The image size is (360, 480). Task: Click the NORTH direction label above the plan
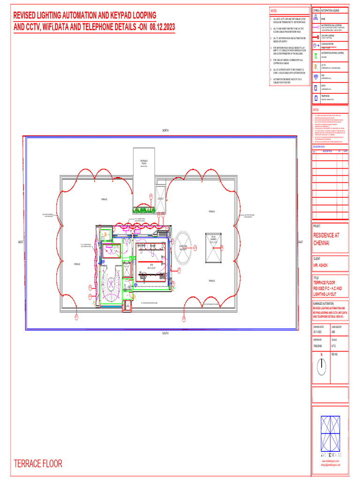pyautogui.click(x=165, y=130)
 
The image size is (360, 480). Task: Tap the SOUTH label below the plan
pyautogui.click(x=165, y=333)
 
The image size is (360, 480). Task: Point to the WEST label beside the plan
pyautogui.click(x=21, y=242)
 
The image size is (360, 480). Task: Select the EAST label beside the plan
pyautogui.click(x=300, y=242)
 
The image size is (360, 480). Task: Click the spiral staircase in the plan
pyautogui.click(x=112, y=283)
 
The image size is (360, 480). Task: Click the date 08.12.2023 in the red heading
pyautogui.click(x=162, y=28)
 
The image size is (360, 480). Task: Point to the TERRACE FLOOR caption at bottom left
pyautogui.click(x=38, y=464)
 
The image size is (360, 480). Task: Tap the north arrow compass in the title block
pyautogui.click(x=321, y=368)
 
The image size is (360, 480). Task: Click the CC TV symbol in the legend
pyautogui.click(x=316, y=67)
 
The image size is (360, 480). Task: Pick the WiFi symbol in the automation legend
pyautogui.click(x=316, y=77)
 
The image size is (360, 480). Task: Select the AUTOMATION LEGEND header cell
pyautogui.click(x=334, y=10)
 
